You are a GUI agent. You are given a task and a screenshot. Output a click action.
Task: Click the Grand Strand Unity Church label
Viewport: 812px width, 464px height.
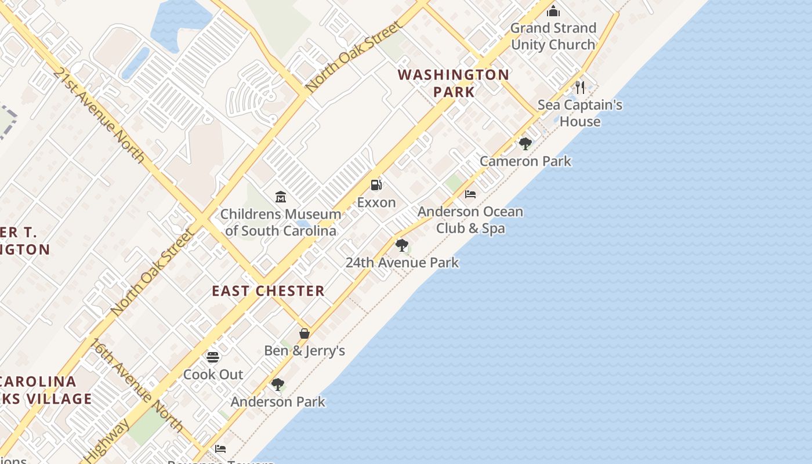click(x=553, y=36)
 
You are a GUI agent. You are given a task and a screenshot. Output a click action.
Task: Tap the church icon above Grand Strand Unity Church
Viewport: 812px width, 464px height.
click(x=553, y=11)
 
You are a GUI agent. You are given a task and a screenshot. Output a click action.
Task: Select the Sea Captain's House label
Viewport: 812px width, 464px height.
click(x=580, y=113)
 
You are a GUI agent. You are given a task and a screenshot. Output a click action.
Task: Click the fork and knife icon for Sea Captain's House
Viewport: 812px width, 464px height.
click(x=580, y=88)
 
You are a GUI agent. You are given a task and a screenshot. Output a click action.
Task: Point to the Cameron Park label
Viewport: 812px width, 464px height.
click(x=525, y=161)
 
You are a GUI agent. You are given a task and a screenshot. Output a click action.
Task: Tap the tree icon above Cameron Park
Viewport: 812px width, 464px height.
click(x=525, y=143)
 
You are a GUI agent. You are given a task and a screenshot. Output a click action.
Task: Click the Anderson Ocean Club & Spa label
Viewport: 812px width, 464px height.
click(x=470, y=220)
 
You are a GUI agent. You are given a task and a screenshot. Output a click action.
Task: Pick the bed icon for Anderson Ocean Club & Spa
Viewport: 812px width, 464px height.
click(x=470, y=194)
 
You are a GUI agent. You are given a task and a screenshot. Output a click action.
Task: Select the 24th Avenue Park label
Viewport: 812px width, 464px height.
click(x=402, y=262)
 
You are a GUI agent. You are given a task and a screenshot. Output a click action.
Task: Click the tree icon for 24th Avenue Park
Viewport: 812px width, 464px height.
click(x=401, y=245)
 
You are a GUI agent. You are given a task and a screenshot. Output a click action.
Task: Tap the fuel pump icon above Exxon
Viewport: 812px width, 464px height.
click(x=376, y=185)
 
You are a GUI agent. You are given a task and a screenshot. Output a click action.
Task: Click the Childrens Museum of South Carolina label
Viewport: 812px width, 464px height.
click(x=281, y=222)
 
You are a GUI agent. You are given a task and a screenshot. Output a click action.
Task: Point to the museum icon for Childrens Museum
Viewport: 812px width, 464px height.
click(x=281, y=197)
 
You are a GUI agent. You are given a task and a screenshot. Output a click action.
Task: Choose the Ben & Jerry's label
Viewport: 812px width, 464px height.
click(x=304, y=350)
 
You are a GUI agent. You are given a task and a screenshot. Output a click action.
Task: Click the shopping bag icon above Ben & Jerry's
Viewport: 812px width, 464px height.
click(x=304, y=333)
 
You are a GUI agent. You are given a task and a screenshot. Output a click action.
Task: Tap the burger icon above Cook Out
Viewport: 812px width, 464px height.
click(x=213, y=357)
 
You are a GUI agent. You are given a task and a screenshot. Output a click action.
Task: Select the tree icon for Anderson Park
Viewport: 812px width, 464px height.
click(x=278, y=384)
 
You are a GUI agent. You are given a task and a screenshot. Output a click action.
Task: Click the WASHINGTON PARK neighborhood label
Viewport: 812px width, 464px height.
click(x=454, y=83)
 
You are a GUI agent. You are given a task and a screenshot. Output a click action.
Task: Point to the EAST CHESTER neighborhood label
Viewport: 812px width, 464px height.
click(x=268, y=291)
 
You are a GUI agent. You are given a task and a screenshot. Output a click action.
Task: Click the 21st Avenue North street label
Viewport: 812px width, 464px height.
click(x=99, y=115)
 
